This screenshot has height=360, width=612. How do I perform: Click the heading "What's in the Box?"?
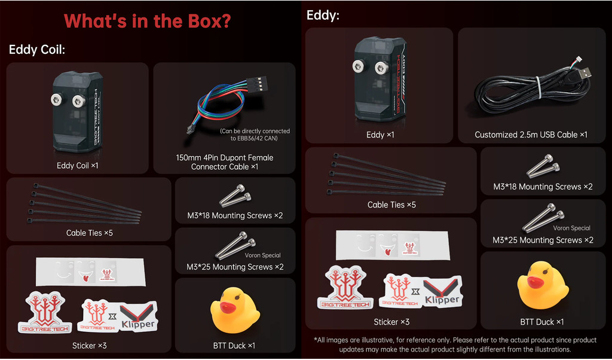pos(147,21)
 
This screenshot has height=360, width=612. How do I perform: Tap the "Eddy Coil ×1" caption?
pos(77,166)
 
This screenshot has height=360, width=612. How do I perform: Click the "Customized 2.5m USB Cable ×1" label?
pos(531,135)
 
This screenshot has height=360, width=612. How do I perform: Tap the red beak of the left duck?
pos(227,307)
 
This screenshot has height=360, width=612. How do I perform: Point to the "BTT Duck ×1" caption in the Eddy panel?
pos(541,322)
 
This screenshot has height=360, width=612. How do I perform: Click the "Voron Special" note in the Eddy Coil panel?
pos(263,255)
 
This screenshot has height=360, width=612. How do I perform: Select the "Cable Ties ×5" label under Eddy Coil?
pos(90,233)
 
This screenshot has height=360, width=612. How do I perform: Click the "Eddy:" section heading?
pos(323,15)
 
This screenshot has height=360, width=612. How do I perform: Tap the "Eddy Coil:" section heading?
pos(37,50)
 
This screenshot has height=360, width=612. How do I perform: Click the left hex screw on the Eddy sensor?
pos(358,66)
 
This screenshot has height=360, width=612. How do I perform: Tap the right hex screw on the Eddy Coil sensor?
pos(79,100)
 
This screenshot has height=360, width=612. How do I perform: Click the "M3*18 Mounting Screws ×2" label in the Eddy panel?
pos(543,187)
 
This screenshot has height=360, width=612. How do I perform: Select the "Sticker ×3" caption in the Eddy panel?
pos(391,322)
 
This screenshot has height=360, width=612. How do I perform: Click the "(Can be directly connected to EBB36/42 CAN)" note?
pos(255,135)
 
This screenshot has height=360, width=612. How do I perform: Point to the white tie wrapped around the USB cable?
pos(539,87)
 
